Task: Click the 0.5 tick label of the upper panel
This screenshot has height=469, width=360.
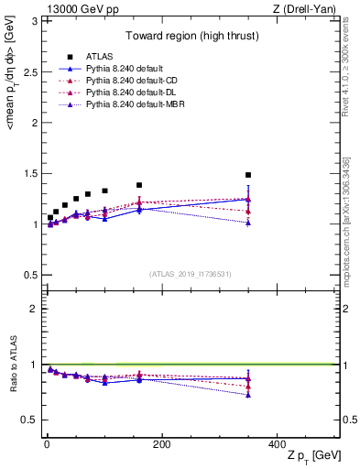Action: (30, 275)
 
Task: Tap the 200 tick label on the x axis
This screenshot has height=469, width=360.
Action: (162, 443)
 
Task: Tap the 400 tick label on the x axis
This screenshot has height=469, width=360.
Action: (277, 443)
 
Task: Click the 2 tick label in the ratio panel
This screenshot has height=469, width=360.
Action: (34, 309)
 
